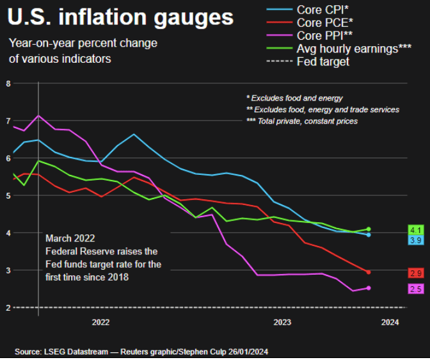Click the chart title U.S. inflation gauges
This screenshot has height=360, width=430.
coord(120,18)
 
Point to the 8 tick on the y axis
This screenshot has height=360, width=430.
coord(8,83)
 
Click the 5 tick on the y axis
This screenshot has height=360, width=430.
coord(8,195)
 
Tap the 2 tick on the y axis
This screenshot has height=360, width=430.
coord(8,308)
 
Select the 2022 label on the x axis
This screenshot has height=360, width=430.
coord(101,322)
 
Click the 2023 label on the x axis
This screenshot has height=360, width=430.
coord(282,322)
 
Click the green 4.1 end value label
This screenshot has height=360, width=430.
coord(415,229)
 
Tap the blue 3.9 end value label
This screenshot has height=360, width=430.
coord(415,240)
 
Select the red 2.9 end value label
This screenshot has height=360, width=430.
coord(415,273)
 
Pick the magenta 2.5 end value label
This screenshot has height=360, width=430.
coord(415,289)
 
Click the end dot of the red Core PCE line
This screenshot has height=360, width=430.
coord(369,272)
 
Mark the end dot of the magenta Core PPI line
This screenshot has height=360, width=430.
coord(369,288)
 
